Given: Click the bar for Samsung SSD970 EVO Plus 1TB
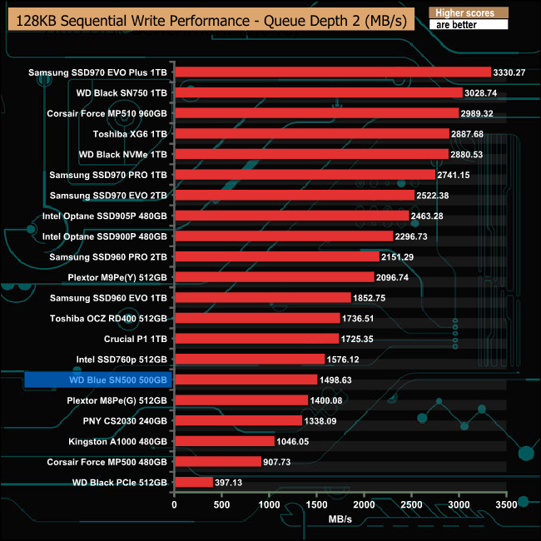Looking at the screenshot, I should [332, 72].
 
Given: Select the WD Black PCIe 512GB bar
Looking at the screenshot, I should [193, 482].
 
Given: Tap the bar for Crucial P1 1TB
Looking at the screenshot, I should [256, 339].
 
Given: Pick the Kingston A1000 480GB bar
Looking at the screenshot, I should [224, 441].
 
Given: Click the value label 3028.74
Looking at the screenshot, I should [484, 93].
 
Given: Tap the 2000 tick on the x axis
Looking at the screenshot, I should [364, 504].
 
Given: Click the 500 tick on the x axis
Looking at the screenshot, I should [221, 504].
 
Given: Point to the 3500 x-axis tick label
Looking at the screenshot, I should [506, 504].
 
